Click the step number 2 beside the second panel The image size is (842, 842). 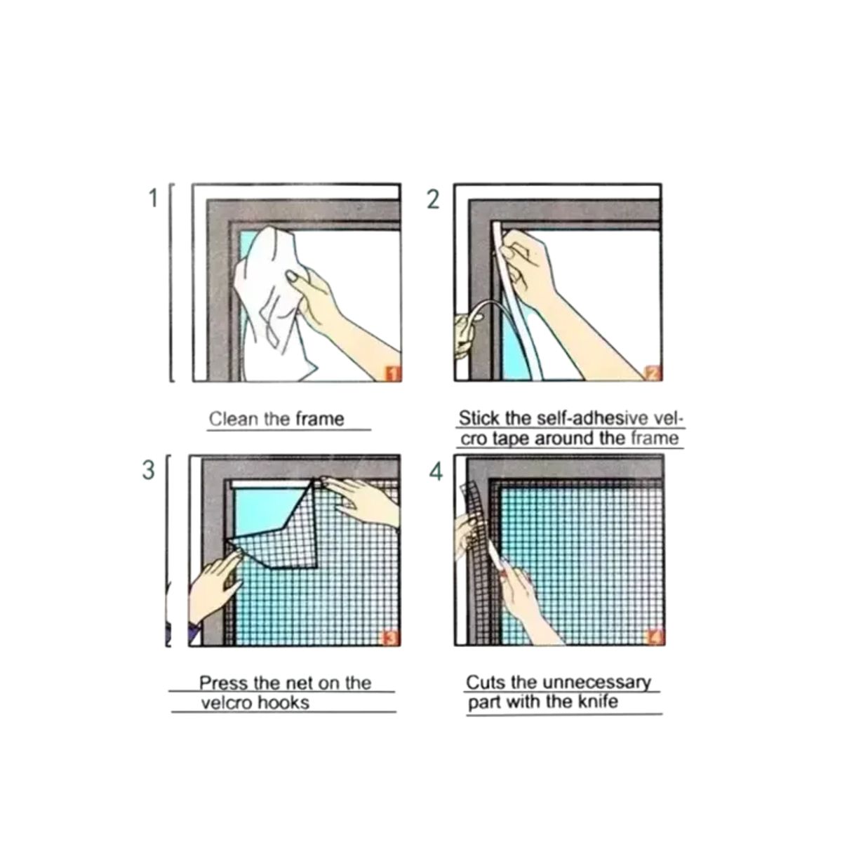click(433, 200)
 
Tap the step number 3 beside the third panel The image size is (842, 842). click(148, 469)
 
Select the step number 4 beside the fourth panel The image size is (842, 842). click(436, 472)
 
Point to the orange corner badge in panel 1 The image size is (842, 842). click(393, 373)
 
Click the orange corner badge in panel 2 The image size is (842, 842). click(653, 373)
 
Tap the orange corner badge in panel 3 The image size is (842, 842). click(391, 638)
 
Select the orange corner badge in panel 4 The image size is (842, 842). click(655, 638)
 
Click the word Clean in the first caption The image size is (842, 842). click(234, 420)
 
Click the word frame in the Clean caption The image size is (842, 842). click(320, 420)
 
